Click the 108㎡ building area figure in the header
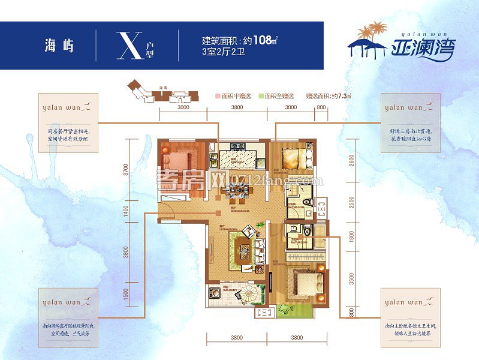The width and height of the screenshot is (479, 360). (x=264, y=41)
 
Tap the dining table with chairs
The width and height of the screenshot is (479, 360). (x=236, y=193)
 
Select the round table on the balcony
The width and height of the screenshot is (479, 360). (x=250, y=296)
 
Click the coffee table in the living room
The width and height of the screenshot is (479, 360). (x=243, y=246)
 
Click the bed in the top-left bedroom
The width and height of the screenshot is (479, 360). (x=176, y=160)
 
